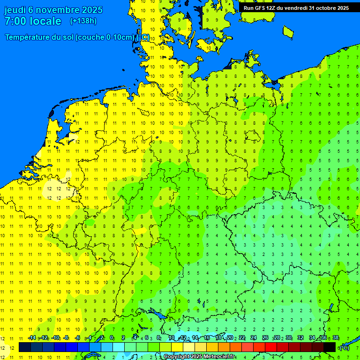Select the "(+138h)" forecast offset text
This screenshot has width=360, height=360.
tap(83, 21)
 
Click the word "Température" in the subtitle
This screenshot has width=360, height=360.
tap(27, 37)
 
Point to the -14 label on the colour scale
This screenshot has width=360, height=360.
tap(32, 337)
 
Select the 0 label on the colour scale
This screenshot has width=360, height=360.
tap(112, 337)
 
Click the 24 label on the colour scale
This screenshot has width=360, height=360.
tap(254, 337)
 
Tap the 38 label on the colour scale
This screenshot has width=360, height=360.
tap(335, 337)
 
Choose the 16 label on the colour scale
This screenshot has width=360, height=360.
tap(207, 337)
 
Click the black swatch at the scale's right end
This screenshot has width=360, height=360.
tap(330, 347)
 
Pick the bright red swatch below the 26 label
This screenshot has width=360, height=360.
tap(271, 347)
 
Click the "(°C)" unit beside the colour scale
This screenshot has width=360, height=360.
tap(344, 347)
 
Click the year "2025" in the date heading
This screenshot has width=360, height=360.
tap(92, 10)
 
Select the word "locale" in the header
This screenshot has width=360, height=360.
tap(45, 21)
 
